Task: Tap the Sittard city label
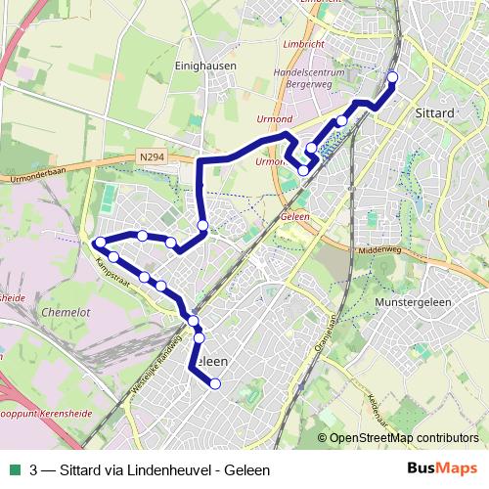click(x=436, y=113)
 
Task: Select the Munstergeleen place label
click(x=413, y=302)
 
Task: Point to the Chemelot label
click(x=40, y=314)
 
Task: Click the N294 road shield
click(x=151, y=156)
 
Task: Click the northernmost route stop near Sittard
click(x=393, y=77)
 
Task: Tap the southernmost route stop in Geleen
click(x=215, y=384)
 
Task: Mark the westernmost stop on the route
click(x=100, y=243)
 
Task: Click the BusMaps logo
click(x=441, y=467)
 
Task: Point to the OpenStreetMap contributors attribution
click(x=403, y=439)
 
